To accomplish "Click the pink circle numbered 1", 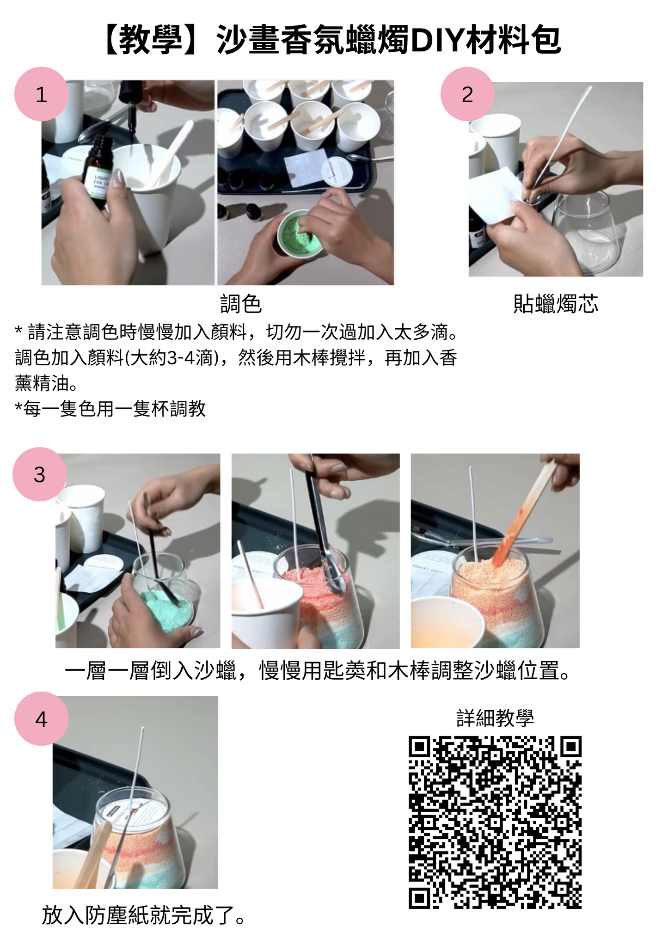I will tap(42, 94).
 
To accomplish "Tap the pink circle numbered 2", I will tap(467, 94).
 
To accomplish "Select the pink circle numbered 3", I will tap(40, 474).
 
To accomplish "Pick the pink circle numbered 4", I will tap(42, 719).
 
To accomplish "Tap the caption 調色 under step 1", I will tap(241, 304).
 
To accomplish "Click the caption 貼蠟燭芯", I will tap(556, 304).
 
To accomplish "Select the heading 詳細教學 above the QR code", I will tap(495, 718).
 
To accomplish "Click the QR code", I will tap(495, 822).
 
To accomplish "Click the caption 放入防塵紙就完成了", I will tap(143, 915).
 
